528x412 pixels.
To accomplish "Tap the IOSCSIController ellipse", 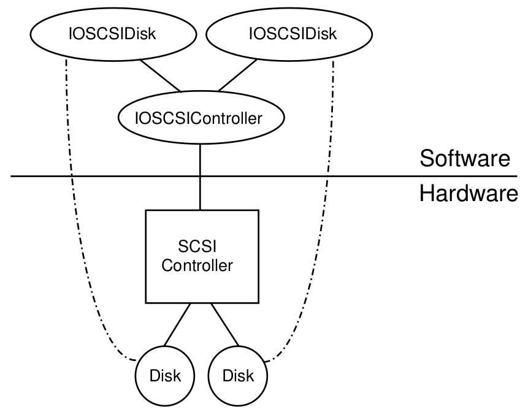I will tap(201, 118).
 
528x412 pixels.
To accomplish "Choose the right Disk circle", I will tap(238, 375).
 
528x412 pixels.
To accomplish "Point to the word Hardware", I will tap(468, 194).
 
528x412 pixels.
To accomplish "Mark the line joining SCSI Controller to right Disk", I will tap(226, 325).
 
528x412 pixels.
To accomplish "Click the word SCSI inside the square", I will tap(201, 247).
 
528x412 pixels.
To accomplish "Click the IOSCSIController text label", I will tap(201, 118).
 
